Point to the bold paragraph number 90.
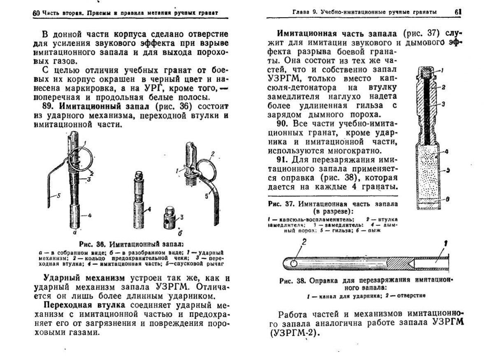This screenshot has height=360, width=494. pos(282,124)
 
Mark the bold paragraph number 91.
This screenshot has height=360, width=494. pos(282,159)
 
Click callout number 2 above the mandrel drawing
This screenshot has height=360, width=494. pos(304,243)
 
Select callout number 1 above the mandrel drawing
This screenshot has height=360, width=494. pos(445,243)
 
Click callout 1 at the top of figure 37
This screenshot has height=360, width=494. pos(442,71)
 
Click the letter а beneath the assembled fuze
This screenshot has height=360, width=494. pos(75,232)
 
